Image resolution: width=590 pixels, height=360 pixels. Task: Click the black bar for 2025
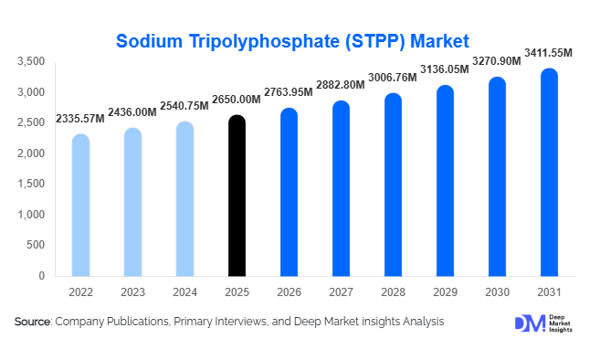point(237,196)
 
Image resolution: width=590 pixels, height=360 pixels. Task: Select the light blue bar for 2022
point(80,205)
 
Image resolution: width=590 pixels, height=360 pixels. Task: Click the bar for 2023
point(132,202)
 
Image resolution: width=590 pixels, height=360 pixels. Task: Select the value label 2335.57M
point(80,118)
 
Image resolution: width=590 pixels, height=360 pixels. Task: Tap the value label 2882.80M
point(341,84)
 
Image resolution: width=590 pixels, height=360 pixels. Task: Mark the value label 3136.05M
point(445,69)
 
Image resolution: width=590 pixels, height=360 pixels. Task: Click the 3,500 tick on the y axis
point(31,61)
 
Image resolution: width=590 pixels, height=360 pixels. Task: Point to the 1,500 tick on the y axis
point(31,184)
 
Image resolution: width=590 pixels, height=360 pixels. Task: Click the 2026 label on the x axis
point(289,291)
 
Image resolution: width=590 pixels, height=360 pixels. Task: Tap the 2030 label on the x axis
point(497,291)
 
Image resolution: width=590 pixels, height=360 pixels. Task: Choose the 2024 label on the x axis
point(184,291)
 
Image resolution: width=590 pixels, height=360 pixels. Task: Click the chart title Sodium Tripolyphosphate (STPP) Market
point(293,40)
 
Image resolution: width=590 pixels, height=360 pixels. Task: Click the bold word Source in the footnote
point(33,322)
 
